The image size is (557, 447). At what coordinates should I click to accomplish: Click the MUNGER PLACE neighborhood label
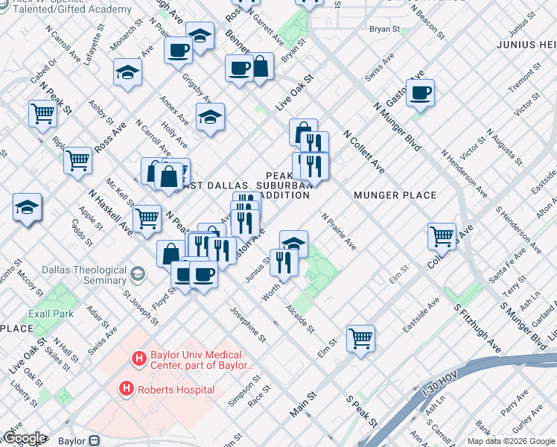coord(395,195)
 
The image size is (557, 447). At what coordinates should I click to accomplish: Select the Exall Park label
coord(51,314)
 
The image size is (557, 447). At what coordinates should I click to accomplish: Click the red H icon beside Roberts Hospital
coord(127,389)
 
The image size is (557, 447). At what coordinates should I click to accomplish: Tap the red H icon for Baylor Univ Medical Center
coord(138,359)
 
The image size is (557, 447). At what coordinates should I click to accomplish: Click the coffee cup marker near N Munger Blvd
coord(421,93)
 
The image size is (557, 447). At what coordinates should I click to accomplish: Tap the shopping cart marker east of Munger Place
coord(442,236)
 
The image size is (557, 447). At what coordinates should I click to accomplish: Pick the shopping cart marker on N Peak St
coord(43,113)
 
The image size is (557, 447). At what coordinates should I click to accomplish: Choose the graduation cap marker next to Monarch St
coord(128,73)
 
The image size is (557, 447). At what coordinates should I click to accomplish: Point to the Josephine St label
coord(248,325)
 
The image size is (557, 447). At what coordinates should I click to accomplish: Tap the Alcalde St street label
coord(300,318)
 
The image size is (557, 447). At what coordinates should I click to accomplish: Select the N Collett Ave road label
coord(363,153)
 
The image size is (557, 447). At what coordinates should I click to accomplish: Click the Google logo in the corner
coord(25,438)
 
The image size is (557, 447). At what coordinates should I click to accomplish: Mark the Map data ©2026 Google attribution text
coord(511,441)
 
